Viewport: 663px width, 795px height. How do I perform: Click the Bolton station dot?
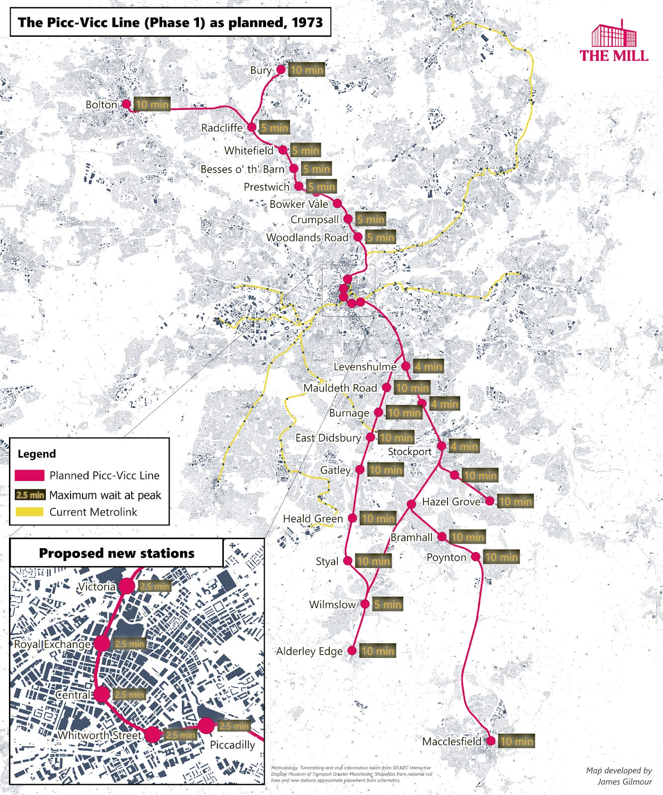tap(126, 104)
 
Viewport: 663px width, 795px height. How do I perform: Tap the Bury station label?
tap(261, 70)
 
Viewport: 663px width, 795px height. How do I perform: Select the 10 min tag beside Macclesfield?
tap(516, 741)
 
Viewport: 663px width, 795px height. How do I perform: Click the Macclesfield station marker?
tap(491, 741)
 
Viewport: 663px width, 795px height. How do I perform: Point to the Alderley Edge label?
tap(309, 651)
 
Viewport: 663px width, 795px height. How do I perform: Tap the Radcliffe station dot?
tap(252, 127)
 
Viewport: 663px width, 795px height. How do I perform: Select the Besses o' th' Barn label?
tap(242, 169)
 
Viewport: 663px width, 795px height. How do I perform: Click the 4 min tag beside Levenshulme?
tap(428, 367)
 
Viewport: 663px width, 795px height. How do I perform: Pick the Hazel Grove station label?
tap(451, 502)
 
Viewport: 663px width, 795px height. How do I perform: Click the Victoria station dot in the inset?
tap(127, 586)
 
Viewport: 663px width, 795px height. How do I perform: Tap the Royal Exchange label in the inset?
tap(52, 644)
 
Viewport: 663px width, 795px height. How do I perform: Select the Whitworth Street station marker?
tap(153, 734)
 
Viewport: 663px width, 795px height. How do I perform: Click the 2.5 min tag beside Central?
tap(129, 695)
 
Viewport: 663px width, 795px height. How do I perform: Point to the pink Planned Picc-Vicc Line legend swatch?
tap(29, 476)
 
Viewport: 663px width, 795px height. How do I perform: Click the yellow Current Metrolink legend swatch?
tap(29, 512)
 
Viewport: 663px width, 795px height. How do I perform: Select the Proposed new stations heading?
tap(116, 553)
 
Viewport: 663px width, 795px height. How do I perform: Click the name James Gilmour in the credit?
tap(625, 782)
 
